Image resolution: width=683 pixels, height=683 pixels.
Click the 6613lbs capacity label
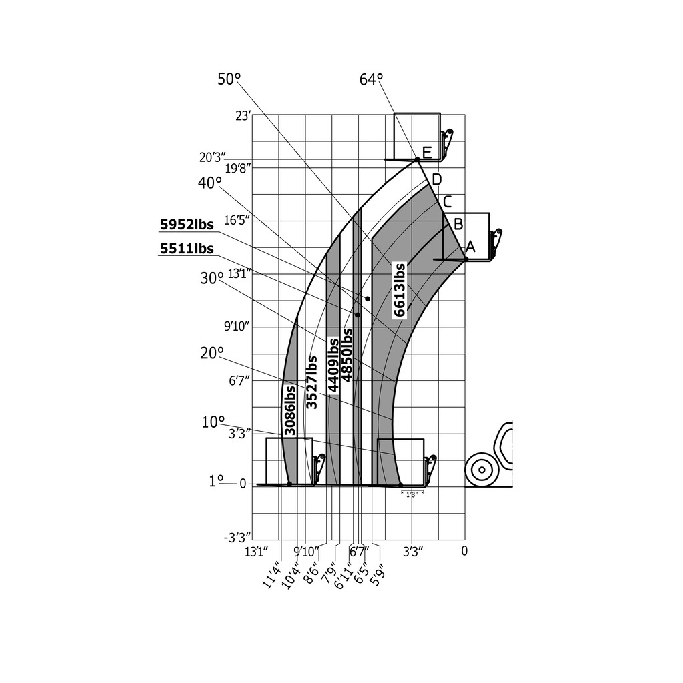400,289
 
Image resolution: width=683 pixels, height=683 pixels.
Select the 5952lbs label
187,225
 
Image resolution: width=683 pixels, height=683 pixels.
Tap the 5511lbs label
187,249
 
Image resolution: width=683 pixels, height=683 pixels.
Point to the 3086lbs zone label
289,410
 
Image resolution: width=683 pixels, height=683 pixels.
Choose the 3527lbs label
312,382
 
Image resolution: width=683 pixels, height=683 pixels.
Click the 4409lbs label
333,366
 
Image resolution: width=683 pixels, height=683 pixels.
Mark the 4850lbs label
347,355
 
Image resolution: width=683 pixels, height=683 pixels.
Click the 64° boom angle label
371,80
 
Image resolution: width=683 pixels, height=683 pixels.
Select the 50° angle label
229,79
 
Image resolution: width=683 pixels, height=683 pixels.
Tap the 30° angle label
212,278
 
